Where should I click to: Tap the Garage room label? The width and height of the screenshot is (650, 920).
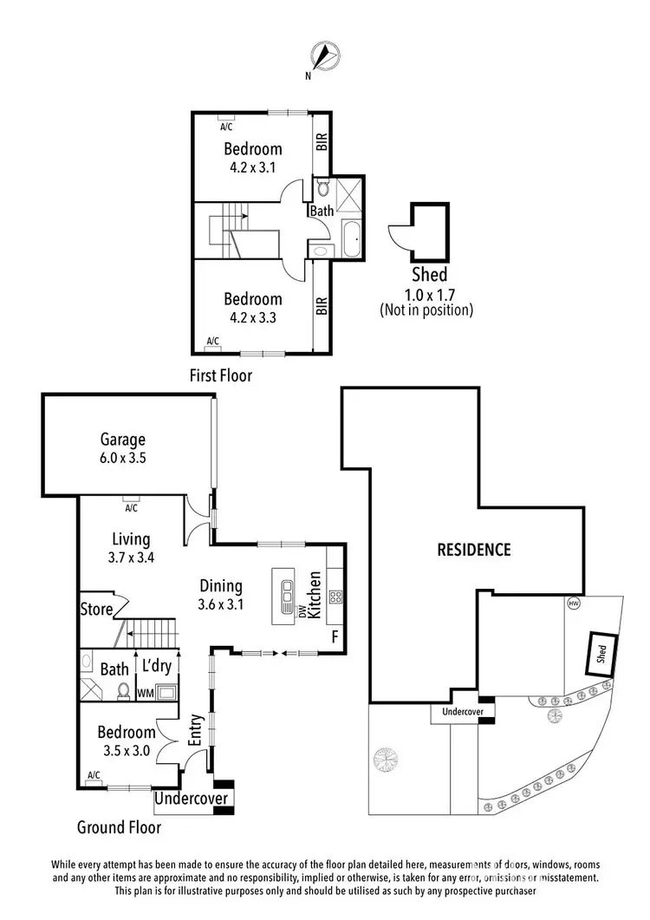click(x=122, y=440)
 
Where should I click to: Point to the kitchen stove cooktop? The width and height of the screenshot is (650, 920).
click(x=336, y=596)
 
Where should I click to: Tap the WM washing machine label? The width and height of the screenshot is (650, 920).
click(x=145, y=693)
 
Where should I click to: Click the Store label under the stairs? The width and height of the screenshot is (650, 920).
click(x=96, y=609)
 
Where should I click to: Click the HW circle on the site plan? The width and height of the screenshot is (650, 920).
click(x=573, y=603)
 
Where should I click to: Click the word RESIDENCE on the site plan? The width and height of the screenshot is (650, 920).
click(x=473, y=549)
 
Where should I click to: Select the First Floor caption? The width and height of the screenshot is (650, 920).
click(x=220, y=375)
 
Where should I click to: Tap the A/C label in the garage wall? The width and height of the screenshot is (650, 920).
click(x=133, y=498)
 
